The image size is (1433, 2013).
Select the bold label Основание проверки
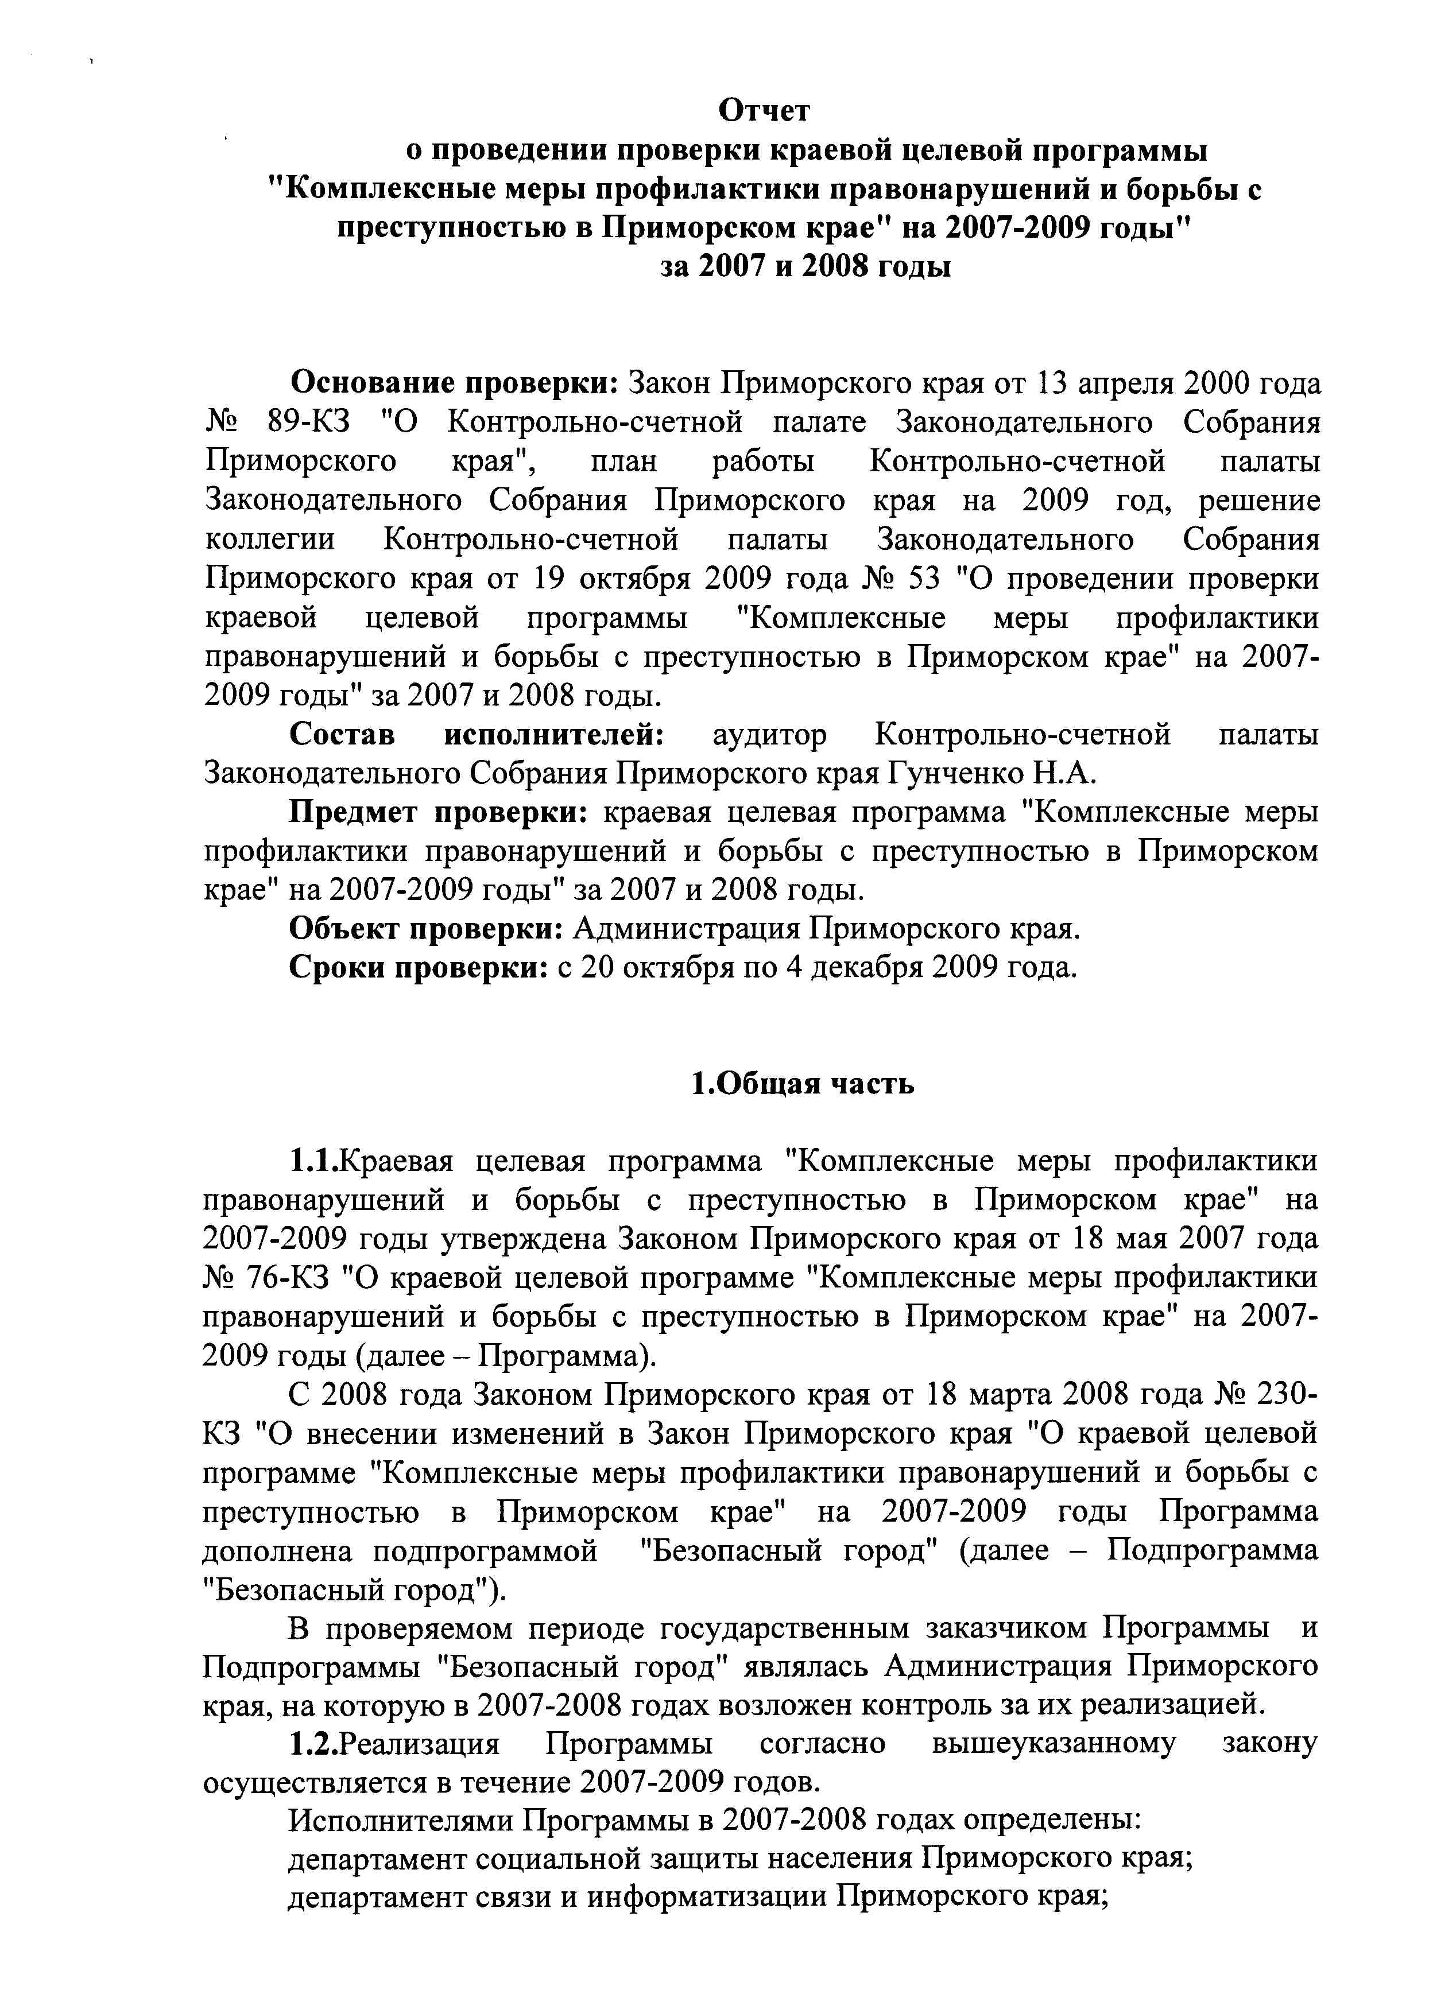(x=455, y=384)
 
